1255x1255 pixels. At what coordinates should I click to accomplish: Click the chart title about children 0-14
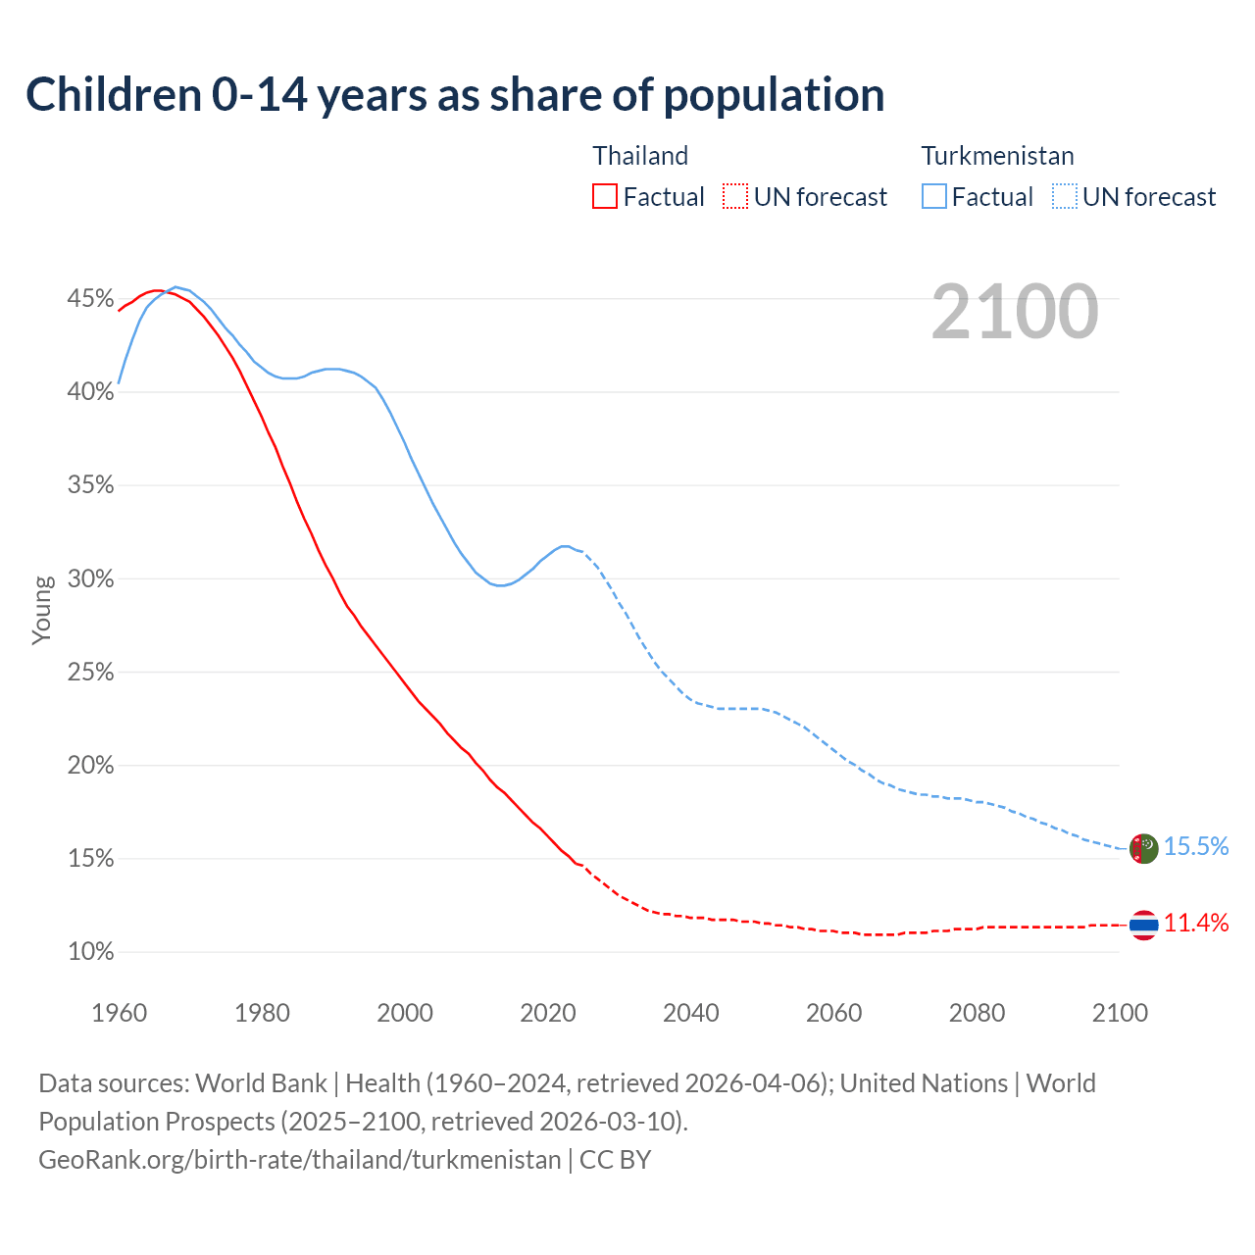tap(455, 95)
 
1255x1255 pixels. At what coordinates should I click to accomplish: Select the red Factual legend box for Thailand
tap(605, 197)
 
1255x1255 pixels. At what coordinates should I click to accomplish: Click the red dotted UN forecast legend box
tap(735, 197)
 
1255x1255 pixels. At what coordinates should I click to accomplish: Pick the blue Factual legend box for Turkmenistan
tap(934, 197)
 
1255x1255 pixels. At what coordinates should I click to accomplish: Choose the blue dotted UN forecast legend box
tap(1065, 197)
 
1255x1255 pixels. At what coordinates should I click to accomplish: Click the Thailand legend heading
tap(640, 156)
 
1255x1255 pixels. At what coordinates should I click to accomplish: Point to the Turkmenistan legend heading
tap(997, 156)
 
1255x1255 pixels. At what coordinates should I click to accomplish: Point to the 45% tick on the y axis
tap(90, 299)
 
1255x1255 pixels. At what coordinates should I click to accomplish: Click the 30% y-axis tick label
tap(90, 579)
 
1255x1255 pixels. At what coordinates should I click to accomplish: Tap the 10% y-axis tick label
tap(90, 952)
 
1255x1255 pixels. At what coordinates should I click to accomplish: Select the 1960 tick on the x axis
tap(119, 1013)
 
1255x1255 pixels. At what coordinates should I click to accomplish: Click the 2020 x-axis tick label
tap(547, 1013)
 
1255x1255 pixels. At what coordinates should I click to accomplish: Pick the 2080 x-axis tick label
tap(977, 1013)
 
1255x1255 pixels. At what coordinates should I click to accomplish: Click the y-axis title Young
tap(42, 610)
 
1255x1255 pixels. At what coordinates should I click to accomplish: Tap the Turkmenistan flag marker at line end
tap(1143, 848)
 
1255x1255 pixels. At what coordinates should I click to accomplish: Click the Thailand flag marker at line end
tap(1143, 925)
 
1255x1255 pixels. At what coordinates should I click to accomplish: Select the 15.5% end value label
tap(1196, 847)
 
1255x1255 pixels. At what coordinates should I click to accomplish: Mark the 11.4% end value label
tap(1196, 924)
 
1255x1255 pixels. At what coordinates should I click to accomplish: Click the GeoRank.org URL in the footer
tap(299, 1160)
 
